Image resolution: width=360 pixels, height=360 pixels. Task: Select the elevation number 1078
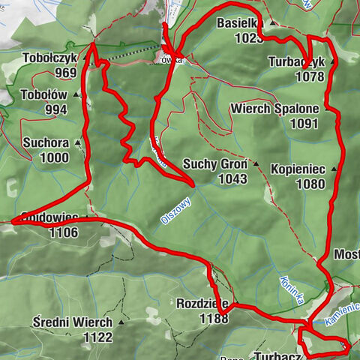click(310, 76)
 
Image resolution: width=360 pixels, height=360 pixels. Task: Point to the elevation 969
click(66, 73)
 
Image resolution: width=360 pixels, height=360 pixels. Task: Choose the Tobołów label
click(45, 95)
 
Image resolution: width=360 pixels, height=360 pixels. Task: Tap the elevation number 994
click(55, 110)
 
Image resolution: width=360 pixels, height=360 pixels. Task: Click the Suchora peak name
click(46, 142)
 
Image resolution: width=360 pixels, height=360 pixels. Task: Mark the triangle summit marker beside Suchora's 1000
click(76, 158)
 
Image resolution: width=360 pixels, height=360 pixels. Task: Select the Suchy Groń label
click(213, 164)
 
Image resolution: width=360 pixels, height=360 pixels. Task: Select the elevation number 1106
click(62, 232)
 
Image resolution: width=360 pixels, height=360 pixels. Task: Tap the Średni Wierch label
click(73, 322)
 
